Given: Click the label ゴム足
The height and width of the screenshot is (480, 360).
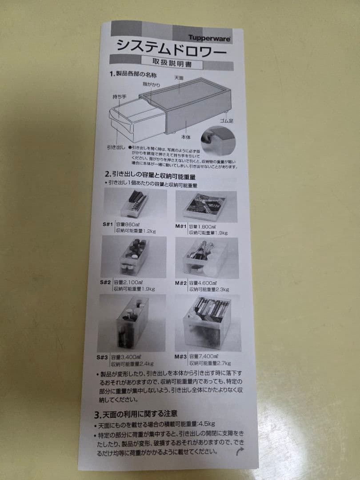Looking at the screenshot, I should click(226, 121).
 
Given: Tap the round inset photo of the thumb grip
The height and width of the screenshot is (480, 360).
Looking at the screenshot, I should click(218, 140).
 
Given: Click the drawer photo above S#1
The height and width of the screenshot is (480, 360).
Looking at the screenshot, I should click(135, 204).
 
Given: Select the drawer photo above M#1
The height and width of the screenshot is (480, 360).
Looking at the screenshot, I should click(206, 206).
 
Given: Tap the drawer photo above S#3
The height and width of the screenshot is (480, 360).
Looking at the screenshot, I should click(132, 323).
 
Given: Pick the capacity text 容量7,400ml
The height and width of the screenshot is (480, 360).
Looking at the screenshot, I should click(204, 356).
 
